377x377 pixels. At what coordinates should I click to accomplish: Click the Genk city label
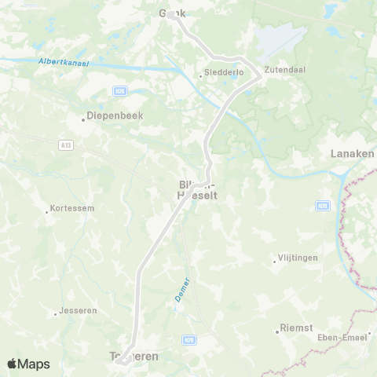[172, 13]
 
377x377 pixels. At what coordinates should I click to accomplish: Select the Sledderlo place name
[224, 73]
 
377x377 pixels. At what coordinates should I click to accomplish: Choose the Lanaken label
[353, 153]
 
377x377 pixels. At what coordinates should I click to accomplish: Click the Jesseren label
[79, 310]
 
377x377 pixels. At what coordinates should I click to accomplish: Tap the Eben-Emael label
[350, 338]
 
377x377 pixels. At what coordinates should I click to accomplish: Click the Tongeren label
[131, 357]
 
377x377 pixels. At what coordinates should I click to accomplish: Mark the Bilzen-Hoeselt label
[197, 190]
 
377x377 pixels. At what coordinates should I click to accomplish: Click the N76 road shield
[120, 92]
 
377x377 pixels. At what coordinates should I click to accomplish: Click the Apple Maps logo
[28, 364]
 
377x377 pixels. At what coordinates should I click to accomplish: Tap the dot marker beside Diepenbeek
[82, 119]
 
